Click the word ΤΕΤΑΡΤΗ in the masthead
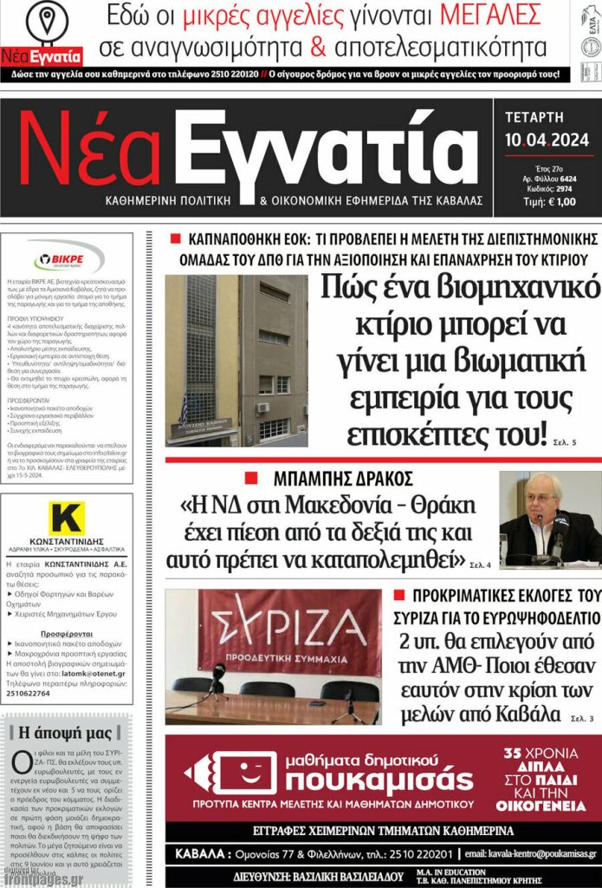point(534,117)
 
